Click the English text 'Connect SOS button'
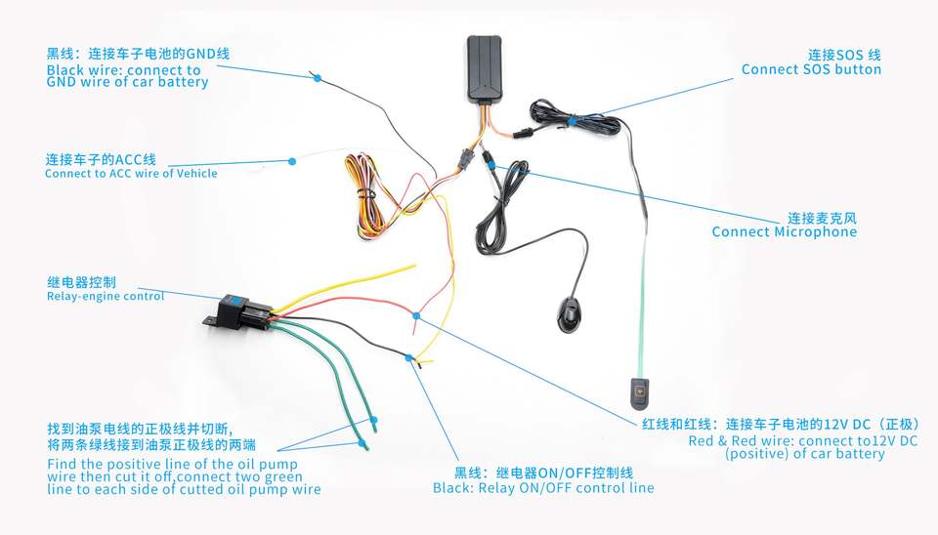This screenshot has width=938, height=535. tap(811, 69)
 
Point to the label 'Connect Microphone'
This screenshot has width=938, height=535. tap(784, 232)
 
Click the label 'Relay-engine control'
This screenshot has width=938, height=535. tap(106, 296)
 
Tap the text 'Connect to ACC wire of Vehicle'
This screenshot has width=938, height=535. tap(131, 174)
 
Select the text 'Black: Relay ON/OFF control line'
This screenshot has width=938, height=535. tap(543, 487)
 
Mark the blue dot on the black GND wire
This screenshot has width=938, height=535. tap(318, 77)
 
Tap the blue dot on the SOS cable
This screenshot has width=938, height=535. tap(571, 120)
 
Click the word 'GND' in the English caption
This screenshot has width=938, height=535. tap(64, 83)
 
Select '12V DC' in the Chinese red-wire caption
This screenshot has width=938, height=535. tap(848, 425)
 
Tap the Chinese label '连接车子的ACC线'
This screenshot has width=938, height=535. tap(101, 159)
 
